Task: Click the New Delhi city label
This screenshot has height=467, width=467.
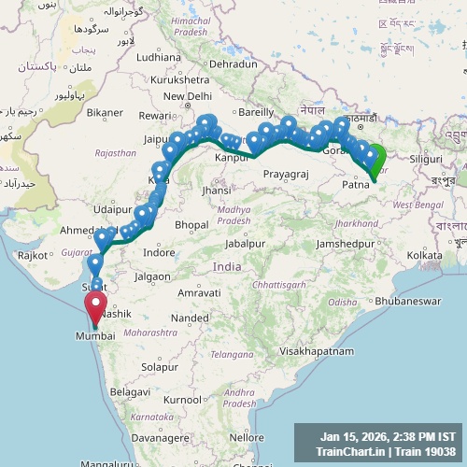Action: click(x=188, y=96)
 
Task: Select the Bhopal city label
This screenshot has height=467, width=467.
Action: click(x=191, y=225)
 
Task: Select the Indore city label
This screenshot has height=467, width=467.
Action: click(x=159, y=252)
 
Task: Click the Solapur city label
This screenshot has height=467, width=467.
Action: click(x=160, y=366)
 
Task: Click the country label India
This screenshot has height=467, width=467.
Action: click(x=227, y=266)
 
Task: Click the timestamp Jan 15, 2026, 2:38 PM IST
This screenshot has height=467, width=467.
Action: click(x=388, y=436)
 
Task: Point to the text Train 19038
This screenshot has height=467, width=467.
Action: click(x=422, y=451)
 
